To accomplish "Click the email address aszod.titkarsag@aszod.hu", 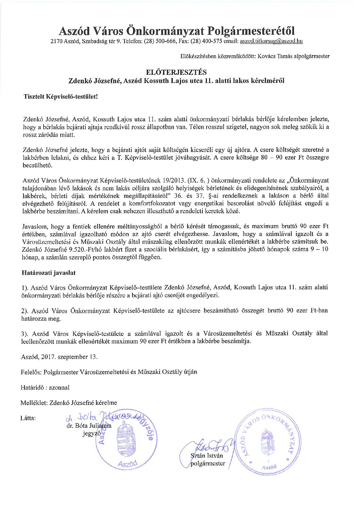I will (x=271, y=41).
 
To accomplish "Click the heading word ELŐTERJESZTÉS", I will (x=176, y=72).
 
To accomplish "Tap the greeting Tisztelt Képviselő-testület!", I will (x=60, y=97).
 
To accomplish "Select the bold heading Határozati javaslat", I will (x=48, y=273).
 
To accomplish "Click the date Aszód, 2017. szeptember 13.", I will (x=59, y=357).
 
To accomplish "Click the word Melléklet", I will (x=34, y=403).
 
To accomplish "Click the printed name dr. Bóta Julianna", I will (x=89, y=426).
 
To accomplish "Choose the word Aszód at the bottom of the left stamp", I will (x=127, y=463).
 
